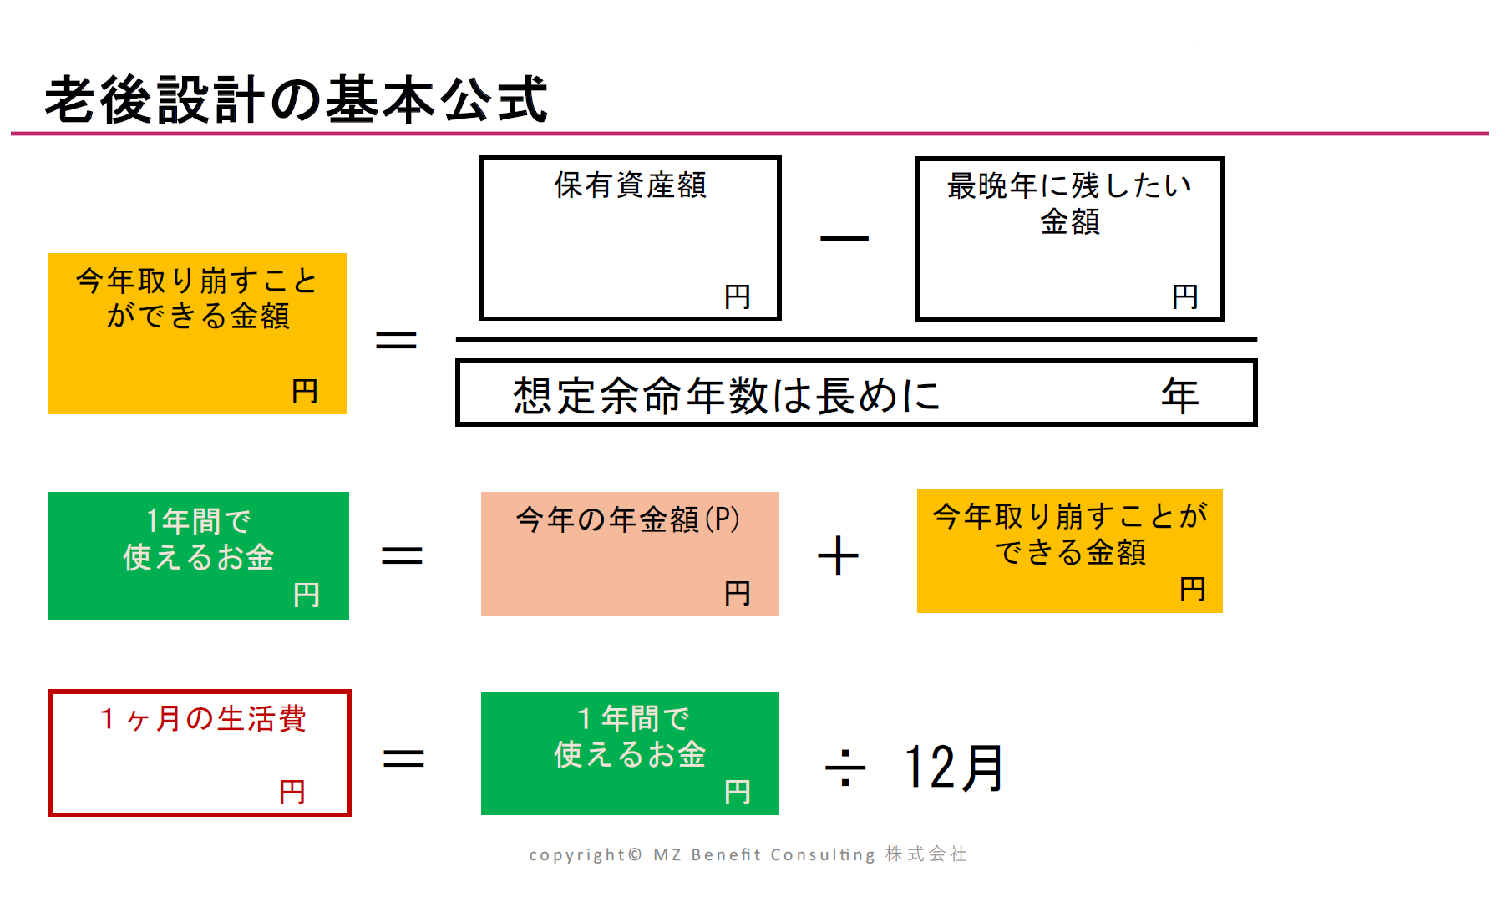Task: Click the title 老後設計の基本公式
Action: pos(296,99)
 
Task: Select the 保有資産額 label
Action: pos(630,185)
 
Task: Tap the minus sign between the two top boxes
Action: pos(844,239)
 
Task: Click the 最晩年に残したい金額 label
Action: pos(1069,203)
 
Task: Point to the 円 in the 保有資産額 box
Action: pos(737,296)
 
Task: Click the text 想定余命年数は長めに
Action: pos(726,395)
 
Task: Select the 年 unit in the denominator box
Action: pos(1179,395)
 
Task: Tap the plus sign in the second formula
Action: pos(838,556)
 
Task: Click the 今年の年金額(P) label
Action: pos(628,519)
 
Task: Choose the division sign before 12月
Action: pos(845,768)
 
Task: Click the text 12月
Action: pos(953,768)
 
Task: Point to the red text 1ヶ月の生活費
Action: pos(202,718)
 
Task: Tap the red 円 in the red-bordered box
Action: pos(292,791)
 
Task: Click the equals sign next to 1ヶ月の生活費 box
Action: pos(403,758)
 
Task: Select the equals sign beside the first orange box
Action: pos(396,340)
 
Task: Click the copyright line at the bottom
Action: pos(748,854)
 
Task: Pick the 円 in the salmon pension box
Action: pos(737,593)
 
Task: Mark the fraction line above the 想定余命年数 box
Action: pos(856,340)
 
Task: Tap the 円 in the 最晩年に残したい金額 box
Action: pos(1184,296)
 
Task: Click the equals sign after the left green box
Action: pos(402,555)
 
